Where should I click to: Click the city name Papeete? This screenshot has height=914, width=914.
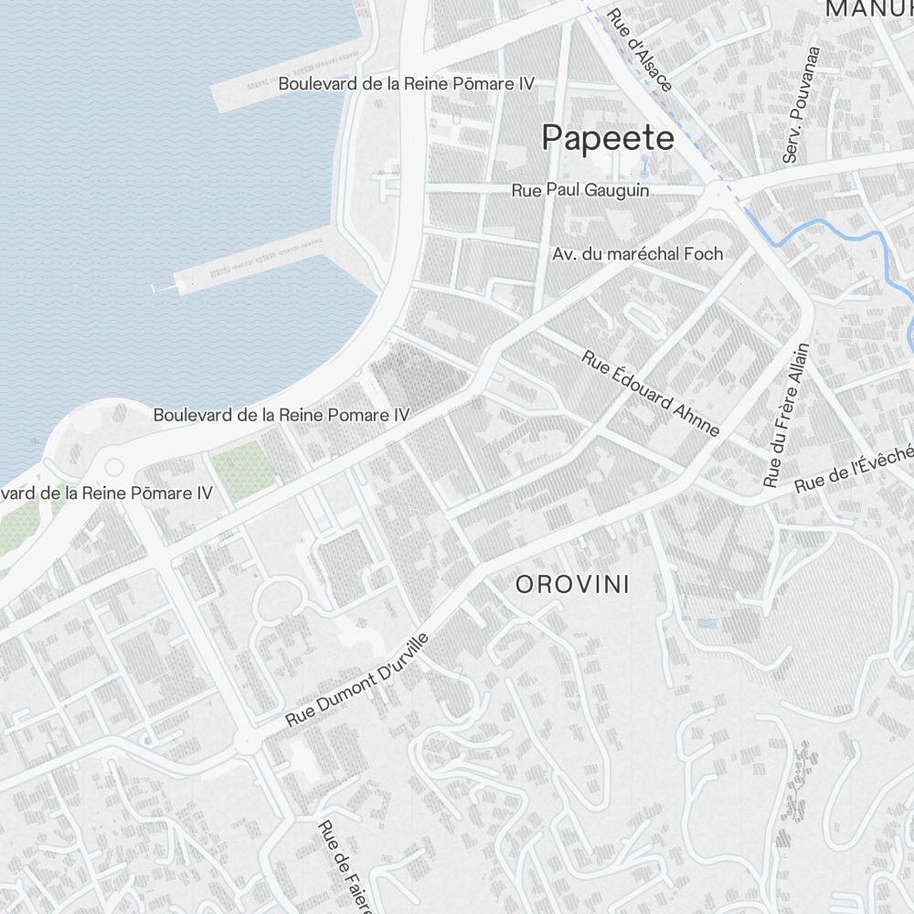[608, 138]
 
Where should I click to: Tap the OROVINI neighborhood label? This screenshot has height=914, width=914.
[573, 585]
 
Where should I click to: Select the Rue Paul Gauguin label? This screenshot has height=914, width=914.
[580, 190]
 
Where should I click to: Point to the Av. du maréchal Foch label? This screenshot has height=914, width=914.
[637, 253]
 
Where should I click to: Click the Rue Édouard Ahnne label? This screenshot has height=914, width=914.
[651, 392]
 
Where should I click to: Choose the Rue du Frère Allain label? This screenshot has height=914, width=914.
[788, 414]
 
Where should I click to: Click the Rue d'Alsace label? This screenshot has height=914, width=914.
[640, 50]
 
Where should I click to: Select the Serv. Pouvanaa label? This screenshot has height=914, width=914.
[802, 105]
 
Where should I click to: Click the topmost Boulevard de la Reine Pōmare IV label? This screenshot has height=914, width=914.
[406, 83]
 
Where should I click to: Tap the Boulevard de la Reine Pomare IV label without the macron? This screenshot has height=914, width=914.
[282, 414]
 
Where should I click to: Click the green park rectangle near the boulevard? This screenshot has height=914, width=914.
[243, 472]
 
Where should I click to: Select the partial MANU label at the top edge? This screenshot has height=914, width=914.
[868, 9]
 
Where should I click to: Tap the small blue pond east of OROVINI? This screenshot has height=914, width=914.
[707, 623]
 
